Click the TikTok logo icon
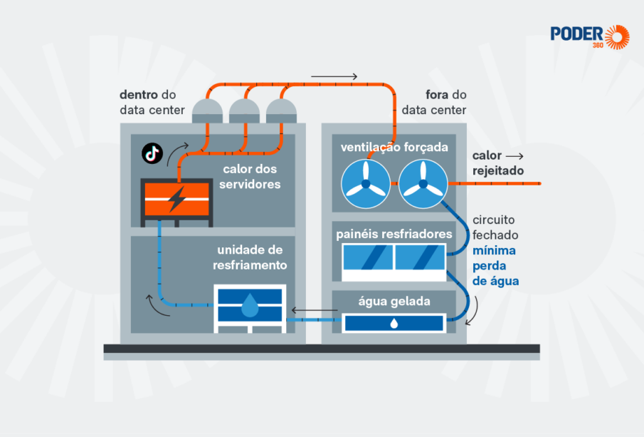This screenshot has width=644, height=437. pyautogui.click(x=152, y=153)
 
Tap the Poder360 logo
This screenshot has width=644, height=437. pyautogui.click(x=590, y=36)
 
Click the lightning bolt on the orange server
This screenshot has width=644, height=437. pyautogui.click(x=177, y=199)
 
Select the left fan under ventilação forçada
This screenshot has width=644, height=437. pyautogui.click(x=366, y=183)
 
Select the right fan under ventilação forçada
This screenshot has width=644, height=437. pyautogui.click(x=423, y=183)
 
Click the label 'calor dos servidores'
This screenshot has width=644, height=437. pyautogui.click(x=250, y=177)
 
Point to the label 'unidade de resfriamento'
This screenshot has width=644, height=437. pyautogui.click(x=250, y=257)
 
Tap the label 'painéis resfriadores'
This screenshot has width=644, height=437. pyautogui.click(x=394, y=235)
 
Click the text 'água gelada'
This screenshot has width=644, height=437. pyautogui.click(x=394, y=302)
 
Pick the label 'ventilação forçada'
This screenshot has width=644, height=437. pyautogui.click(x=394, y=148)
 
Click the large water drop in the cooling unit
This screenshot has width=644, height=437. pyautogui.click(x=250, y=305)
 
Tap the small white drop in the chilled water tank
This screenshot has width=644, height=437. pyautogui.click(x=394, y=324)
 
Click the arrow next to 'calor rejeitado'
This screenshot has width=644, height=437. pyautogui.click(x=514, y=156)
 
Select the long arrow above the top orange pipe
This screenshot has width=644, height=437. pyautogui.click(x=334, y=76)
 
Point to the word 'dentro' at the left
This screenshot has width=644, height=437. pyautogui.click(x=139, y=95)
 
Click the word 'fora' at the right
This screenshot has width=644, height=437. pyautogui.click(x=437, y=95)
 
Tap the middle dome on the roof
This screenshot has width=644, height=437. pyautogui.click(x=244, y=110)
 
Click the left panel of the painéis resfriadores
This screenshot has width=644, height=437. pyautogui.click(x=368, y=257)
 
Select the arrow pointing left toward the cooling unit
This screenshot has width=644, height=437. pyautogui.click(x=315, y=310)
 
